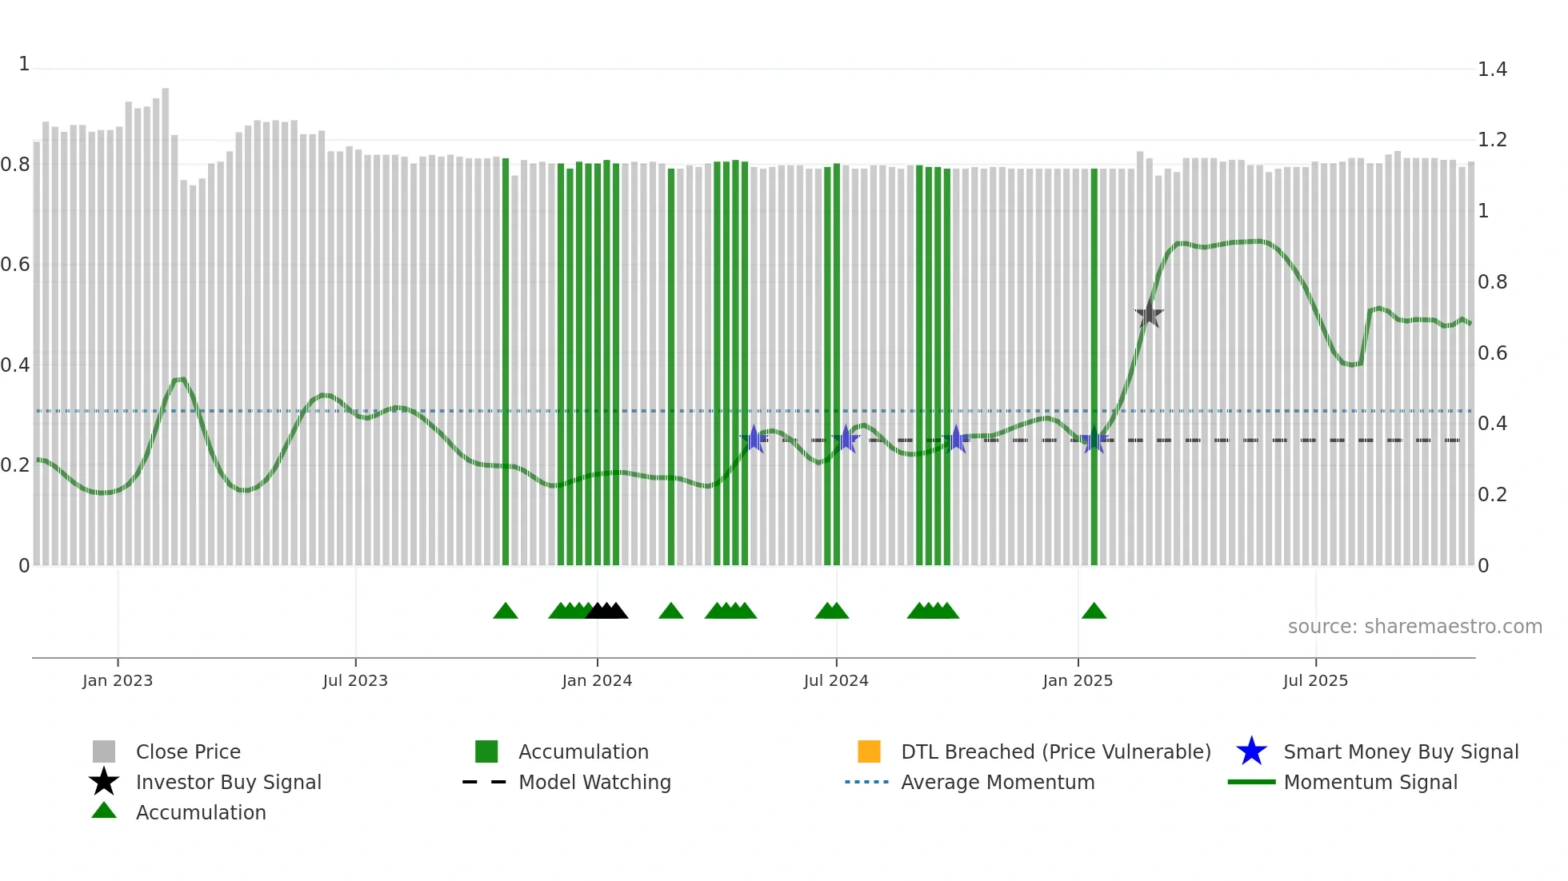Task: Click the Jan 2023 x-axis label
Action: click(x=118, y=680)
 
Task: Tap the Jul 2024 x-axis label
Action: click(x=836, y=680)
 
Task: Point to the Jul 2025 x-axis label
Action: click(x=1315, y=680)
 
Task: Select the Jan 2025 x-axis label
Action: click(x=1078, y=680)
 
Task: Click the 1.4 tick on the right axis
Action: click(x=1492, y=70)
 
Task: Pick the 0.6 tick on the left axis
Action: click(x=15, y=265)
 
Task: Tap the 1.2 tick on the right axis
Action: click(x=1492, y=140)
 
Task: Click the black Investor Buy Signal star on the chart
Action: click(x=1149, y=314)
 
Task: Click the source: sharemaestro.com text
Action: click(x=1414, y=627)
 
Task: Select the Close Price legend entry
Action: click(x=188, y=751)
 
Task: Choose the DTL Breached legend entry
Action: click(x=1055, y=751)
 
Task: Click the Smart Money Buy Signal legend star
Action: click(x=1251, y=751)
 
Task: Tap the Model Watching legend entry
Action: click(x=594, y=782)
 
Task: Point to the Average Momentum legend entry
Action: click(x=998, y=782)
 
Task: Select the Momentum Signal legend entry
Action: click(x=1370, y=782)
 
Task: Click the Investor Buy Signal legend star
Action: click(x=104, y=782)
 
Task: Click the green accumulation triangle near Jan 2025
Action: click(x=1094, y=612)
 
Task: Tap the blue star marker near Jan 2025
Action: click(x=1094, y=440)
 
